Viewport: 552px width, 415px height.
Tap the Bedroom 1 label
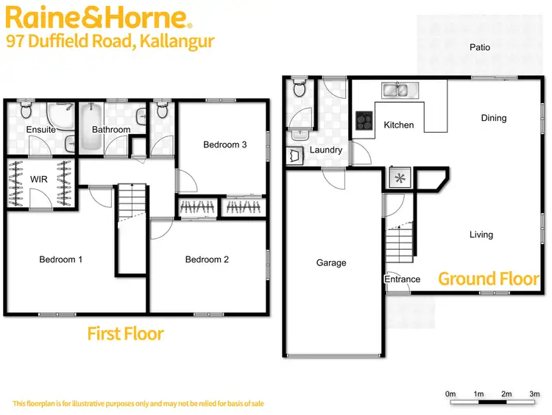coord(60,259)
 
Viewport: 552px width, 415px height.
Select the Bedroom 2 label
coord(207,259)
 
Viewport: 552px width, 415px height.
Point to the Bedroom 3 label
coord(224,145)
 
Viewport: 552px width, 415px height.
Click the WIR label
coord(39,179)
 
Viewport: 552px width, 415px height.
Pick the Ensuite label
coord(41,130)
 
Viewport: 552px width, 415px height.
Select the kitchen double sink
coord(398,90)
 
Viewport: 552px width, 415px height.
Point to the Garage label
coord(331,263)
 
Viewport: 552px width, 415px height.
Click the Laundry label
coord(325,150)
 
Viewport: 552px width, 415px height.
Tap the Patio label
coord(480,48)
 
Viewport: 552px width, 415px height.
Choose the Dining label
coord(494,118)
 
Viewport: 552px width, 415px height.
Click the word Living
coord(481,235)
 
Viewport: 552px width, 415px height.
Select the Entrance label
coord(403,279)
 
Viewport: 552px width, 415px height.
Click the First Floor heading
coord(125,334)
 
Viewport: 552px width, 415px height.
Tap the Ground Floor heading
coord(489,279)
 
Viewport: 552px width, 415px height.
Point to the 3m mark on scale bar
coord(534,395)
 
